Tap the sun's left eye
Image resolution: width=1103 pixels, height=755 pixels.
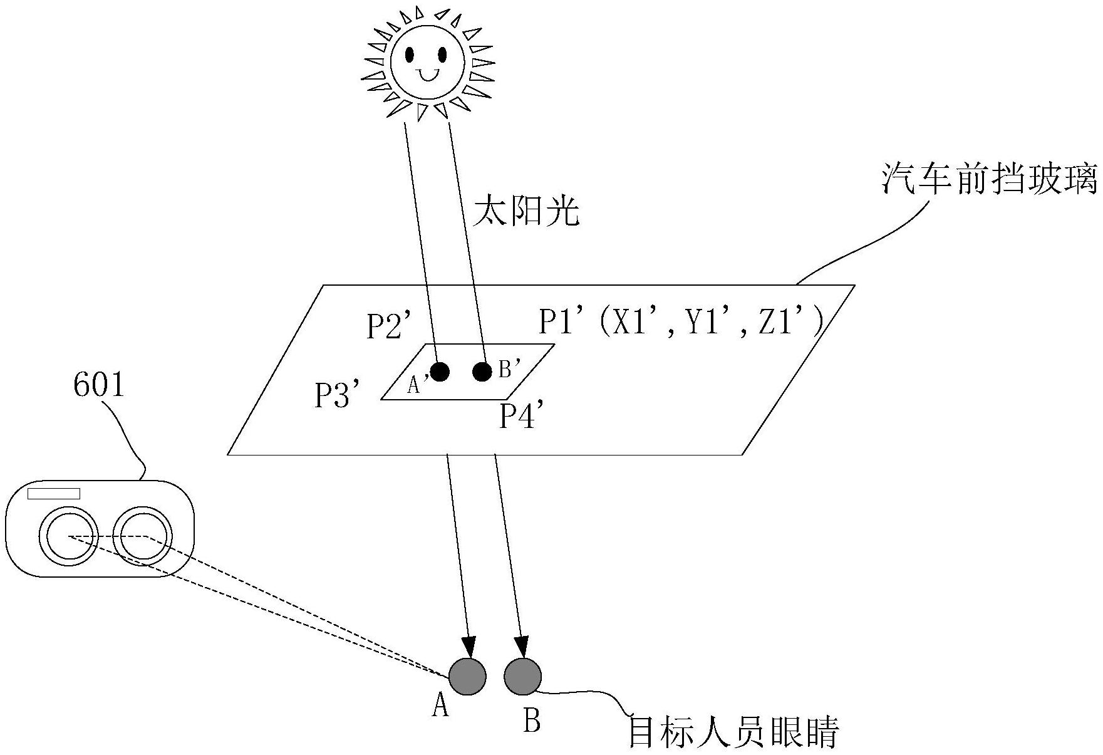pyautogui.click(x=410, y=55)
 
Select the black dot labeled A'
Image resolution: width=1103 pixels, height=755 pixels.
pyautogui.click(x=440, y=372)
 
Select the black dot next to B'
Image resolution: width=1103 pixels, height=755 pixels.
pyautogui.click(x=482, y=372)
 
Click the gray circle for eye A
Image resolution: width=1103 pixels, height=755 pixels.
pyautogui.click(x=467, y=677)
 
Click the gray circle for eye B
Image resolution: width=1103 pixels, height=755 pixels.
pyautogui.click(x=522, y=677)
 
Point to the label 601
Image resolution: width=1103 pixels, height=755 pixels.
pyautogui.click(x=99, y=385)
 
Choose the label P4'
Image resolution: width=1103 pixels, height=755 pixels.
pyautogui.click(x=520, y=415)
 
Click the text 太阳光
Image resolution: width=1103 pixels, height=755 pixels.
pyautogui.click(x=526, y=211)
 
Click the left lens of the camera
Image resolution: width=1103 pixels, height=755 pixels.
pyautogui.click(x=68, y=536)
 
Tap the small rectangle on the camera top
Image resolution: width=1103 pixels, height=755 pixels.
pyautogui.click(x=54, y=494)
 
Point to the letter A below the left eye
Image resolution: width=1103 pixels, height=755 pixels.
pyautogui.click(x=441, y=707)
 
